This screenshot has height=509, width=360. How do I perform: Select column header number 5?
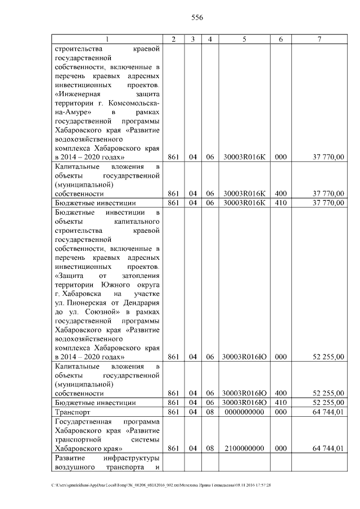coord(244,39)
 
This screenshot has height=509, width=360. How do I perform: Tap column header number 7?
coord(319,39)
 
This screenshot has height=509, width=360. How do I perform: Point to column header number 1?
coord(107,39)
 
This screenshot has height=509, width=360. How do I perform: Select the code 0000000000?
coord(244,412)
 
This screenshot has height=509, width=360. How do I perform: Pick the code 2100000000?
coord(244,448)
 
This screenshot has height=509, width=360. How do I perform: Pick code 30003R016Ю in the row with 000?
coord(244,357)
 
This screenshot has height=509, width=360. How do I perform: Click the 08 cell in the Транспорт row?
coord(210,412)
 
